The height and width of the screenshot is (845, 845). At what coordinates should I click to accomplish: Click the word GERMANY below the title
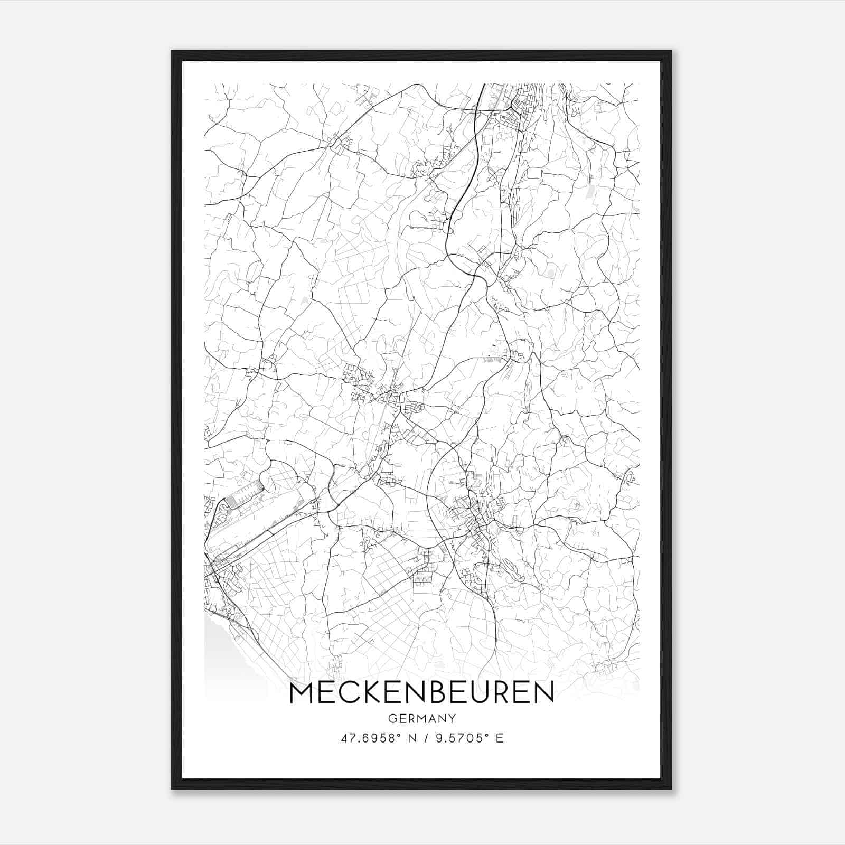tap(421, 718)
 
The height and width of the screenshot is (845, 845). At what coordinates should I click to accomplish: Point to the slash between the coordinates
tap(424, 738)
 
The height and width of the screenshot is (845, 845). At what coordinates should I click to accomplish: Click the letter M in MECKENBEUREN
tap(302, 692)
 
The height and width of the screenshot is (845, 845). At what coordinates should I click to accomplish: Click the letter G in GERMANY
tap(391, 718)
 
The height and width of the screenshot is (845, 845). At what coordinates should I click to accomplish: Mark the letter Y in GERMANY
tap(452, 718)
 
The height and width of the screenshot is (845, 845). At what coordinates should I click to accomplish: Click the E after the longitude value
tap(499, 738)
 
